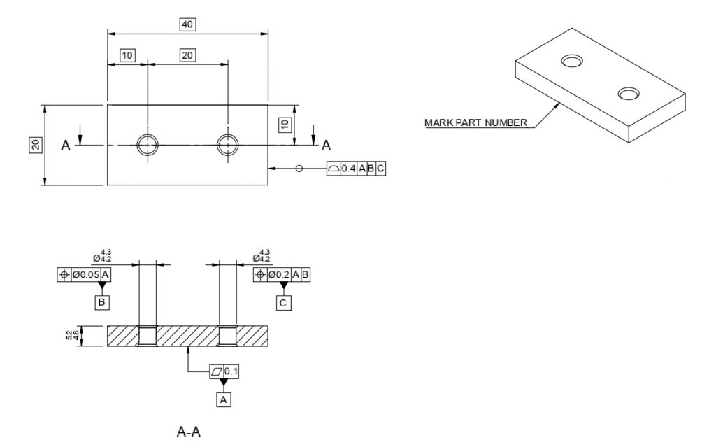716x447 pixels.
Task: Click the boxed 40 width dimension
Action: [x=187, y=24]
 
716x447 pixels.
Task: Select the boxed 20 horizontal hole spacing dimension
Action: [x=187, y=55]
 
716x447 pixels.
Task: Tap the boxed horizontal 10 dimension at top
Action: [x=127, y=55]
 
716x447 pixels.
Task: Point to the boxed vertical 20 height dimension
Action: [x=35, y=145]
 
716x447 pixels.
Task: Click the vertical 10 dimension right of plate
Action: [x=285, y=125]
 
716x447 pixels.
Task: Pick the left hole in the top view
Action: [x=148, y=145]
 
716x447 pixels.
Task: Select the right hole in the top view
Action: [x=227, y=145]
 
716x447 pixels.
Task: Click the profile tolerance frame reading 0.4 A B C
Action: [x=356, y=169]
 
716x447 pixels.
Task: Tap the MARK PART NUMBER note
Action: [x=475, y=122]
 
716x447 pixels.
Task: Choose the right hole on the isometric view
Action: [x=627, y=94]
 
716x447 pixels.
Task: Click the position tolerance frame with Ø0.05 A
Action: [x=84, y=274]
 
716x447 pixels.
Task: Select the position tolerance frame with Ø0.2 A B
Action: [x=281, y=274]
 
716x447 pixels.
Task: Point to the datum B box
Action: [x=102, y=302]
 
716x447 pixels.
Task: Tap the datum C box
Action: [x=283, y=302]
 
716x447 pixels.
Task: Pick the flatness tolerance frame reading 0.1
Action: [x=225, y=371]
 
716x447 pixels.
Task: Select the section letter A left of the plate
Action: [x=66, y=145]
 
